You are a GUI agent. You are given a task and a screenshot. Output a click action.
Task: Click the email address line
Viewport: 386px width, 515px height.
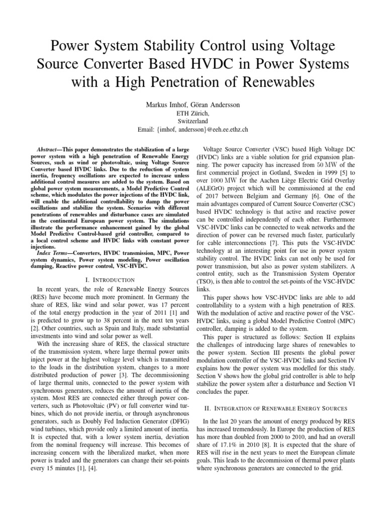coord(192,129)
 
